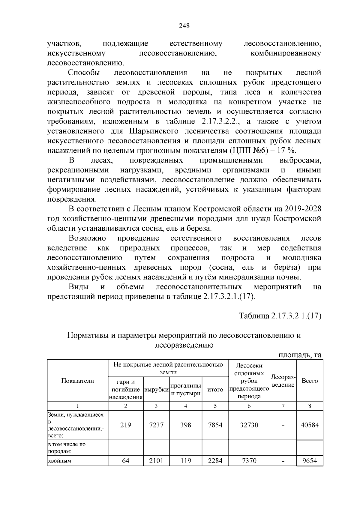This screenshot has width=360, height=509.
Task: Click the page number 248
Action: [184, 26]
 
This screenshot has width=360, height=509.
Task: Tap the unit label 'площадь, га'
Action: [300, 355]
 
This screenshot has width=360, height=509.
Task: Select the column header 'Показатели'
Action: [77, 381]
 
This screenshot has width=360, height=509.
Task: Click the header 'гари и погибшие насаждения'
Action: [125, 389]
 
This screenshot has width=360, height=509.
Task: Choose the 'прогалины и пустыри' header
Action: [185, 389]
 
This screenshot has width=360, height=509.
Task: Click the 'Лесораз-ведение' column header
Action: [283, 381]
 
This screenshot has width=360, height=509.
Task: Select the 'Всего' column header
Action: [310, 381]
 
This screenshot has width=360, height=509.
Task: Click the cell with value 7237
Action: [156, 425]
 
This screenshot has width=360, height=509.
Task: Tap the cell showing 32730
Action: [249, 425]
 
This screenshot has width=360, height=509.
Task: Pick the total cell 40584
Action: [310, 425]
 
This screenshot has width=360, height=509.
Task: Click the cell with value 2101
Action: [156, 460]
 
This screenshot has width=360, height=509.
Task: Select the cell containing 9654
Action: [310, 460]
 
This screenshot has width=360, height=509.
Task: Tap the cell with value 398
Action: [185, 425]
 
